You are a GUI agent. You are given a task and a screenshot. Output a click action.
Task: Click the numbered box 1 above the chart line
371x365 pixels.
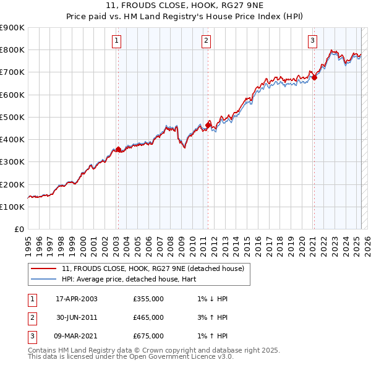(x=117, y=41)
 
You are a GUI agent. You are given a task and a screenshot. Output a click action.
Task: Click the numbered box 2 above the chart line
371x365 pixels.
(x=206, y=41)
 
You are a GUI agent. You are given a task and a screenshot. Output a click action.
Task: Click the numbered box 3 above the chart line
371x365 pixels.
(x=312, y=41)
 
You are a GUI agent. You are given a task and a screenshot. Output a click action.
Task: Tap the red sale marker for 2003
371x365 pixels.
(x=118, y=149)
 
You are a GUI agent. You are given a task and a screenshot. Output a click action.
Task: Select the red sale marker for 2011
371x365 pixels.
(x=208, y=125)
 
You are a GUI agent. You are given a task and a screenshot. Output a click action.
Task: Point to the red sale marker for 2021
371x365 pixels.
(x=314, y=77)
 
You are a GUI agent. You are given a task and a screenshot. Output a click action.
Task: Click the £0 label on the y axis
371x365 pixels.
(x=18, y=229)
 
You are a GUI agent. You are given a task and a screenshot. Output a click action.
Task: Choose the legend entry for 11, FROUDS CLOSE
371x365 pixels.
(x=153, y=268)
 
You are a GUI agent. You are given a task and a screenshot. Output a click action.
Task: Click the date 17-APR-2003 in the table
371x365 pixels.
(x=77, y=299)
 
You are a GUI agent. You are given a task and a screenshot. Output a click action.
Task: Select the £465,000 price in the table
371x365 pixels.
(x=148, y=317)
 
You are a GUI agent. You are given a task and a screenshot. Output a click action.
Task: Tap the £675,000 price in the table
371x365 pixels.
(x=148, y=336)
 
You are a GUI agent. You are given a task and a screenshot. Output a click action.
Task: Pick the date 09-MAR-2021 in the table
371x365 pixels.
(x=77, y=336)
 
